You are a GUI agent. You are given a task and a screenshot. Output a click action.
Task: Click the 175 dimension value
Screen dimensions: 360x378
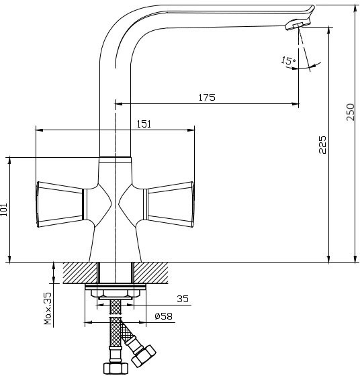[x=207, y=97]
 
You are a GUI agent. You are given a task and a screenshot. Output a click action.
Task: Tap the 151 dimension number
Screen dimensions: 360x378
[x=144, y=124]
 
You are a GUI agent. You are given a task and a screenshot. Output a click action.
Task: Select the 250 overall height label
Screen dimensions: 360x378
[x=351, y=112]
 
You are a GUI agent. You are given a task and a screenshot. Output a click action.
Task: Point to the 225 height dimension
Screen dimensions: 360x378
[x=322, y=145]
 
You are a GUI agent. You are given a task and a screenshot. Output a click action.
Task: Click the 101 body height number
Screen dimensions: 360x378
[x=4, y=209]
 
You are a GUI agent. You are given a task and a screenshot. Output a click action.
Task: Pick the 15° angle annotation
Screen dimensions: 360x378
[x=288, y=60]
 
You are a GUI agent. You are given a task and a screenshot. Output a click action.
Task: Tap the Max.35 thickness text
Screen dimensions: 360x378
[x=48, y=308]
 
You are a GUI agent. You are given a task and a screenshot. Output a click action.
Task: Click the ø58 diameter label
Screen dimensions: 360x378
[x=163, y=316]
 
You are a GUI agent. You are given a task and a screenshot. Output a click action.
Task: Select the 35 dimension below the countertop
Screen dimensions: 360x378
[x=183, y=299]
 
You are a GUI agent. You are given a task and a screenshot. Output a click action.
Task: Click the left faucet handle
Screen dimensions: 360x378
[x=60, y=204]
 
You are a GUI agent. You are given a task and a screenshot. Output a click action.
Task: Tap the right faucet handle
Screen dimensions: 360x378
[x=169, y=204]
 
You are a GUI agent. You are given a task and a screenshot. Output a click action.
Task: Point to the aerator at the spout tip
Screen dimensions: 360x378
[x=297, y=26]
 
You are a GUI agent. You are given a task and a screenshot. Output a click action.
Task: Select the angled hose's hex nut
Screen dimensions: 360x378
[x=144, y=356]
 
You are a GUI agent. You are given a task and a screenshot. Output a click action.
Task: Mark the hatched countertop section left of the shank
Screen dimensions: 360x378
[x=80, y=273]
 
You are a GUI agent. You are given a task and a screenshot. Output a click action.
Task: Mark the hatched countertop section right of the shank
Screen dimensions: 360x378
[x=151, y=273]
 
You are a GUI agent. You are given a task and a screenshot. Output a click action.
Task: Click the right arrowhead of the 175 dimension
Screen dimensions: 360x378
[x=296, y=104]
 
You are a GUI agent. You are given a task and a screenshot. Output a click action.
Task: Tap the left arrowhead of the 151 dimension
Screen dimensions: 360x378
[x=40, y=130]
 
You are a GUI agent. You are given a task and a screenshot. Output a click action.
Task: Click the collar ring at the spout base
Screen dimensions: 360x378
[x=116, y=160]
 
